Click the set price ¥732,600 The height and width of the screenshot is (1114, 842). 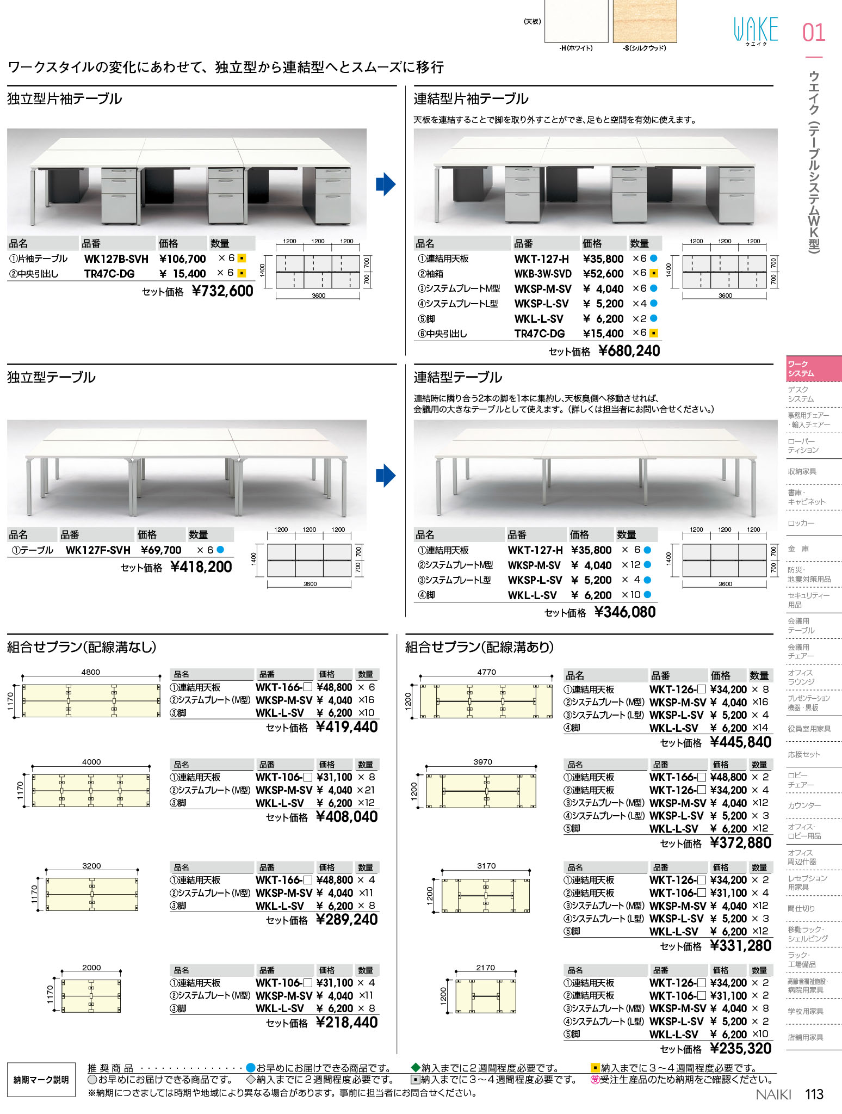coord(222,291)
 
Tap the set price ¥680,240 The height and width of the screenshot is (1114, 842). coord(629,351)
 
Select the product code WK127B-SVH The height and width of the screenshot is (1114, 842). coord(116,259)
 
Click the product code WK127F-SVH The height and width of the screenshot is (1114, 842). coord(98,550)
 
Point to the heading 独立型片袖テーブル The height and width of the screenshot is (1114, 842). coord(65,99)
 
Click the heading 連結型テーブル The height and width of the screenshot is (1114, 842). coord(458,377)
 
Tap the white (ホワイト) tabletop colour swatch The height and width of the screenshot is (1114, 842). coord(577,21)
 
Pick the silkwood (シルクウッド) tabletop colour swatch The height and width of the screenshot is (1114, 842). coord(645,21)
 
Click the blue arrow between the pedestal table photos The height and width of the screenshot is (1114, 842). coord(386,184)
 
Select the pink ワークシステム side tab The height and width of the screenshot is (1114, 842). coord(814,369)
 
